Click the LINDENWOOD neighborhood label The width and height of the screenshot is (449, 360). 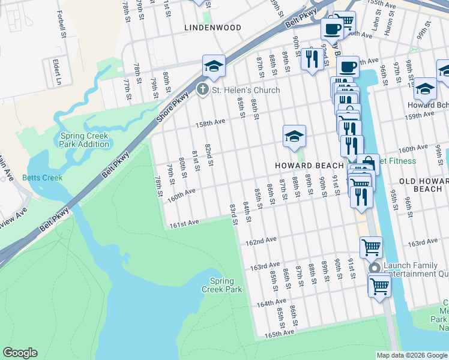click(213, 28)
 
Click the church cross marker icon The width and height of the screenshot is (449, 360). click(203, 90)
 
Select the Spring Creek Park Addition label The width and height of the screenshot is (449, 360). click(85, 140)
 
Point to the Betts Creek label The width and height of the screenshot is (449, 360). click(42, 178)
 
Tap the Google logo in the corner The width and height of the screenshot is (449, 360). click(20, 353)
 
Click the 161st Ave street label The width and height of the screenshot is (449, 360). click(184, 223)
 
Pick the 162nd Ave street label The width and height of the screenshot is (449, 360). click(261, 241)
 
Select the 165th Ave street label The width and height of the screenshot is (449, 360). click(279, 332)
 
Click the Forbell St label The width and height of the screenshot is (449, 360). click(61, 24)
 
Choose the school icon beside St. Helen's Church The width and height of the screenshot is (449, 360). click(213, 66)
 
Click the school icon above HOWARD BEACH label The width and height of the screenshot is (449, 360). click(294, 137)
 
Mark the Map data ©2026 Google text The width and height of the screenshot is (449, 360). click(411, 355)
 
